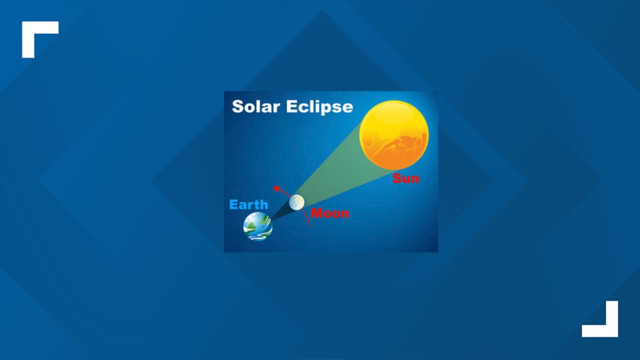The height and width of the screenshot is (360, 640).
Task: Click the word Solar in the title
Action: click(x=256, y=107)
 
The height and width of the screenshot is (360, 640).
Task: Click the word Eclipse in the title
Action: click(x=319, y=107)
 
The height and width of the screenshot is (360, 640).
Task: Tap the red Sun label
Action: click(x=406, y=179)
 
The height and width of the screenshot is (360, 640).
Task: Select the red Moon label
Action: click(x=330, y=213)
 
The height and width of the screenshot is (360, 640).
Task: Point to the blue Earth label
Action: click(x=249, y=204)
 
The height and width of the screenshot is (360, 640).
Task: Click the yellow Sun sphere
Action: click(x=394, y=135)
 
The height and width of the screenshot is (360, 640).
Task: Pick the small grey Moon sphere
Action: click(x=297, y=202)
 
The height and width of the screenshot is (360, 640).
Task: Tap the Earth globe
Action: click(x=258, y=226)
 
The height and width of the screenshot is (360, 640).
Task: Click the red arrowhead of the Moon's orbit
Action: click(x=277, y=189)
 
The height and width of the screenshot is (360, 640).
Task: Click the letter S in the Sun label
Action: click(x=396, y=179)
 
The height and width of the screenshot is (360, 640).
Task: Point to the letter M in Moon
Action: click(x=316, y=213)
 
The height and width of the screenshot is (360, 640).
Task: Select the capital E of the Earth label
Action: click(x=233, y=204)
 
